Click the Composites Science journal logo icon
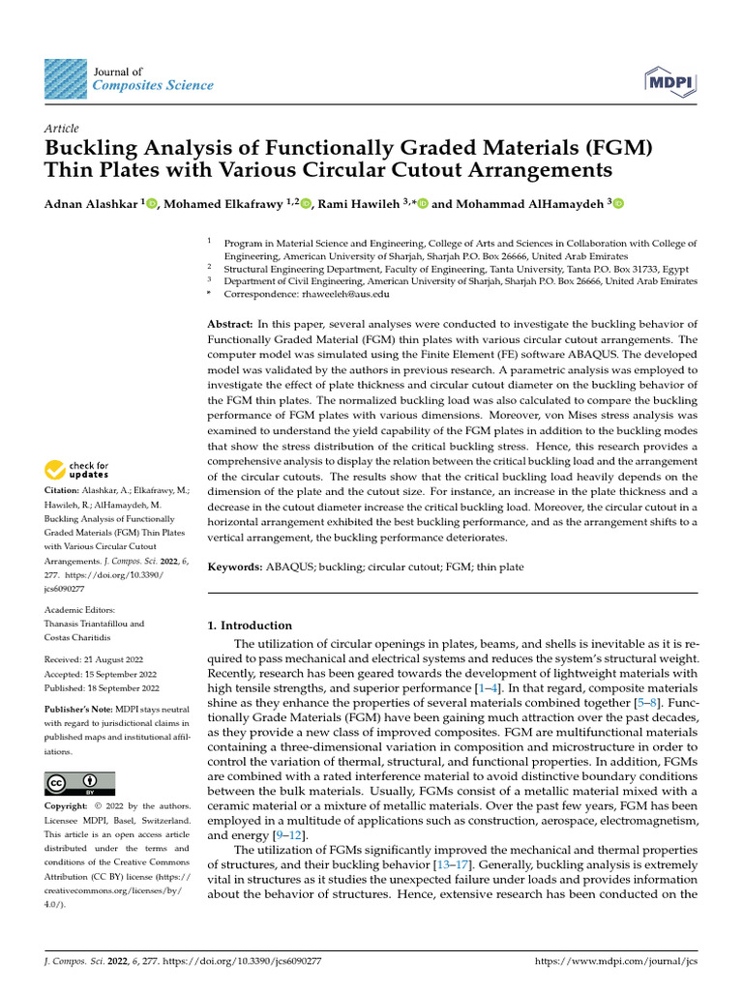click(65, 78)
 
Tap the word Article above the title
click(62, 129)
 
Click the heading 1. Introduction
click(251, 626)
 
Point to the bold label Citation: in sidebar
click(65, 491)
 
